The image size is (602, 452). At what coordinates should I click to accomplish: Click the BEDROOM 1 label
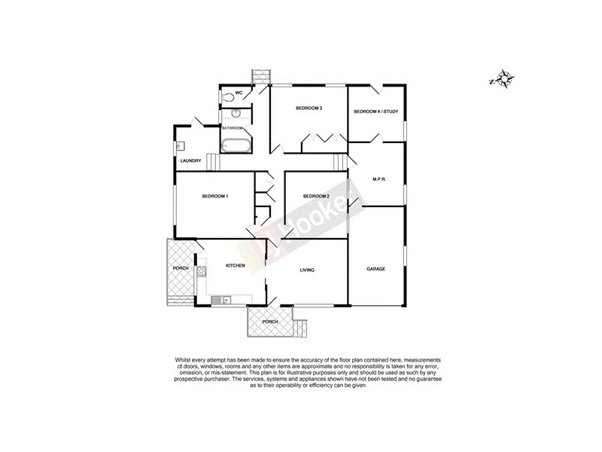pos(215,197)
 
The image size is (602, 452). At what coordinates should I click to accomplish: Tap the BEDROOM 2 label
pos(315,197)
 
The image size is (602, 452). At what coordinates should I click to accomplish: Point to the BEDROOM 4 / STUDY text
pos(375,111)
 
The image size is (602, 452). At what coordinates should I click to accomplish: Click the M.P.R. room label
pos(379,179)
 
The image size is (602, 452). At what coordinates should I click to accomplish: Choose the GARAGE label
pos(376,269)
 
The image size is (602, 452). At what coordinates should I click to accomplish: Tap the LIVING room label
pos(306,269)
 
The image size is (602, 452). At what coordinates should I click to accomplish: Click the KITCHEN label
pos(237,266)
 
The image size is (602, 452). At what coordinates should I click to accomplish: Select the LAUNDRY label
pos(190,160)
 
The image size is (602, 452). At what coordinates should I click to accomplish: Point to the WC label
pos(239,93)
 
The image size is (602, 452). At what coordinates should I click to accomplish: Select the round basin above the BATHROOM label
pos(236,114)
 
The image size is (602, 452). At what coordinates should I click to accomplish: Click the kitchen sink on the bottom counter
pos(220,301)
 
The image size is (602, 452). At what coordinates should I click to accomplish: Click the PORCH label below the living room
pos(269,322)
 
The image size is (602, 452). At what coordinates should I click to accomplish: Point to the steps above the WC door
pos(260,76)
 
